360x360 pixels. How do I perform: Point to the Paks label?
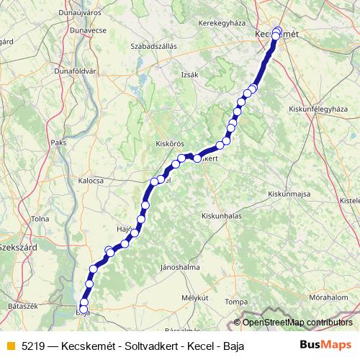click(x=58, y=143)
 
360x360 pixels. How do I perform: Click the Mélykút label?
click(x=194, y=297)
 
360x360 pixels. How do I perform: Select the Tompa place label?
click(x=233, y=302)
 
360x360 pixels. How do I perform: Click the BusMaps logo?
click(x=326, y=346)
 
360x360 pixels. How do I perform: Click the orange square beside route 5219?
click(x=10, y=346)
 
